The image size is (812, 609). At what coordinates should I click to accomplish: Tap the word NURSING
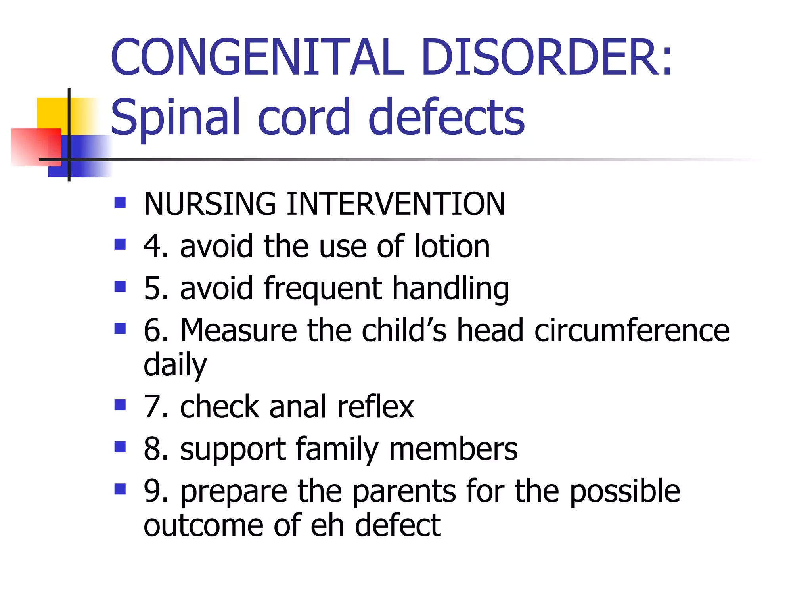pyautogui.click(x=210, y=204)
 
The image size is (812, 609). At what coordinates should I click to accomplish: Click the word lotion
pyautogui.click(x=452, y=246)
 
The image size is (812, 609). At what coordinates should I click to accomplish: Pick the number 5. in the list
pyautogui.click(x=157, y=288)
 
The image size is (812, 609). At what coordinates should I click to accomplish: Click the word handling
pyautogui.click(x=450, y=288)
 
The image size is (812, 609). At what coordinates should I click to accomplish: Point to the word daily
pyautogui.click(x=175, y=365)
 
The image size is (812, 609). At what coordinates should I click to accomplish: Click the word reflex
pyautogui.click(x=375, y=407)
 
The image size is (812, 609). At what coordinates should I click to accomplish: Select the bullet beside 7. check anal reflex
pyautogui.click(x=120, y=405)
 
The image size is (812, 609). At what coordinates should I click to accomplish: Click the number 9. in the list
pyautogui.click(x=157, y=491)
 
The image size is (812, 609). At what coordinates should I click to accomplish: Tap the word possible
pyautogui.click(x=625, y=491)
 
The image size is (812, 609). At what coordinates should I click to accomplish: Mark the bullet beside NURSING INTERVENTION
pyautogui.click(x=120, y=203)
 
